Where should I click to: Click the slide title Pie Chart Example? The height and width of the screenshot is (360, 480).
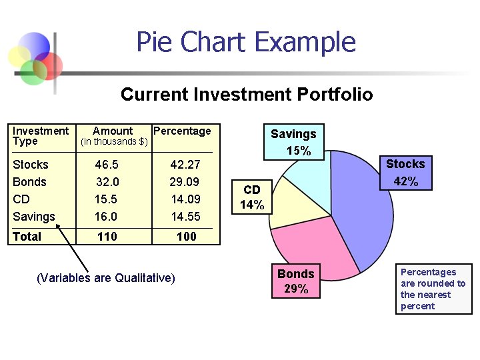(x=246, y=42)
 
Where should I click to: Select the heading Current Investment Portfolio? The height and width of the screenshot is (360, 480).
(x=246, y=95)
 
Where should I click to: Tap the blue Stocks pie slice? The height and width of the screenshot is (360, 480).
(x=360, y=207)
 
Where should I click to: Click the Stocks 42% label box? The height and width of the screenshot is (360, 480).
(x=405, y=173)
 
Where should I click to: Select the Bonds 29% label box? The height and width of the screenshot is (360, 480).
(x=295, y=281)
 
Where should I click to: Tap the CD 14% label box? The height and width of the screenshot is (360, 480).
(x=252, y=198)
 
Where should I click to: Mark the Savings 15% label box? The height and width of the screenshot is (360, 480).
(x=293, y=142)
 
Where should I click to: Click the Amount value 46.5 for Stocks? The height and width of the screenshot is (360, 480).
(x=107, y=165)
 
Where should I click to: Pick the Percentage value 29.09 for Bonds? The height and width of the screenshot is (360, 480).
(x=185, y=182)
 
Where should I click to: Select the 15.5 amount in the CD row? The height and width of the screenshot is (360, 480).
(x=105, y=199)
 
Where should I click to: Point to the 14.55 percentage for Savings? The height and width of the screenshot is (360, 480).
(x=185, y=217)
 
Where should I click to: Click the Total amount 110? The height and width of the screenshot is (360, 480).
(x=107, y=237)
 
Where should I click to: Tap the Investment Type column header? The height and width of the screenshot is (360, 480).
(x=40, y=136)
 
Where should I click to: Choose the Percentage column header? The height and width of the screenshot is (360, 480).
(x=182, y=131)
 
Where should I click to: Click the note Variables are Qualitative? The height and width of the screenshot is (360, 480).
(x=106, y=277)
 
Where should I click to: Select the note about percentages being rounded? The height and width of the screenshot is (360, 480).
(x=433, y=289)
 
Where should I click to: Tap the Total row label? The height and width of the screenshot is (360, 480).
(x=27, y=237)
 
